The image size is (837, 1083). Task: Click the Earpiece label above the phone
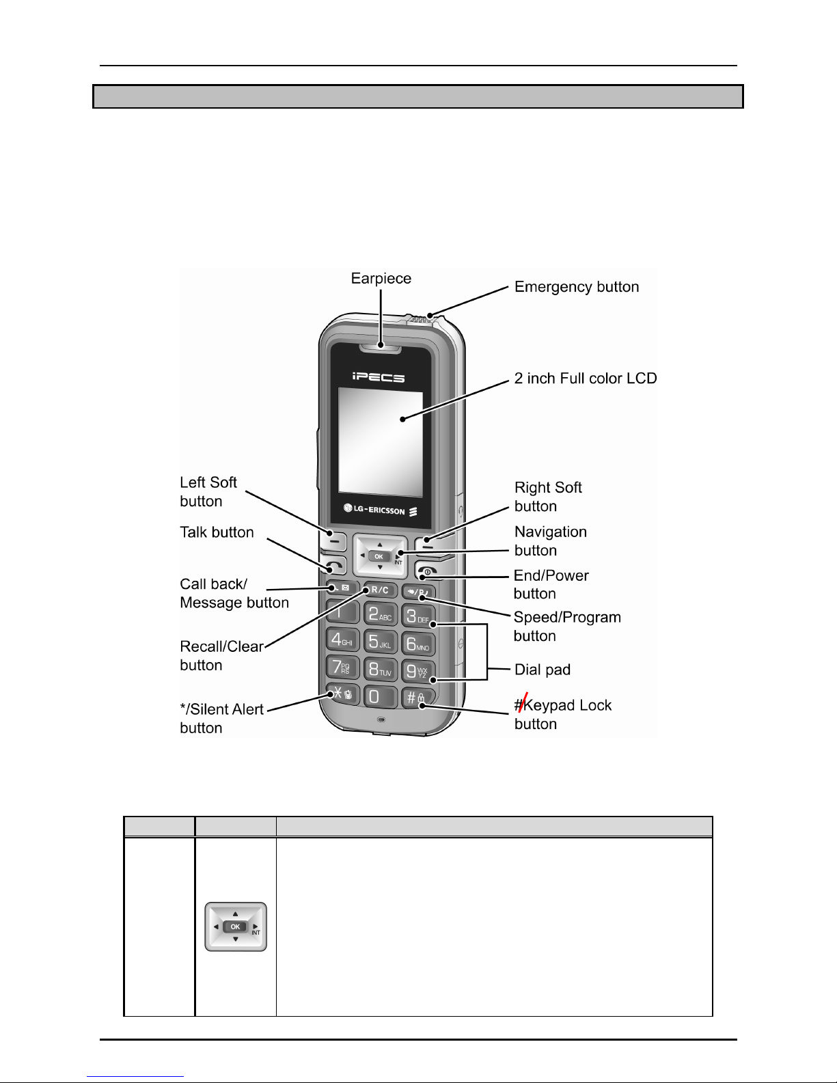381,279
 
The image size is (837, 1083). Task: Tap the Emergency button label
577,287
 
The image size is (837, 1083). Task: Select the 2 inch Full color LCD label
586,379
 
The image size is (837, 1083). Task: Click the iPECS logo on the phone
379,377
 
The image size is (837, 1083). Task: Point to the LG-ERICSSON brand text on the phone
380,510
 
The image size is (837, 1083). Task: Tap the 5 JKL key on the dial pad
380,642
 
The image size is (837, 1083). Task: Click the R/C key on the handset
380,590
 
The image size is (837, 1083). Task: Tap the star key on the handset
342,694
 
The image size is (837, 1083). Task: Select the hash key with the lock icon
418,698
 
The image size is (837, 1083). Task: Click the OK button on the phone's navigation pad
379,556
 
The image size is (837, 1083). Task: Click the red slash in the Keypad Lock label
523,702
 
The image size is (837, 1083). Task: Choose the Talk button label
217,532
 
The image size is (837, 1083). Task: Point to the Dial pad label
542,670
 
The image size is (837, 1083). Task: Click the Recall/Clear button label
221,656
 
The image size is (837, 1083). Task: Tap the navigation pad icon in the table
236,927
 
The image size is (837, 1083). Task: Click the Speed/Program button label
567,627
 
